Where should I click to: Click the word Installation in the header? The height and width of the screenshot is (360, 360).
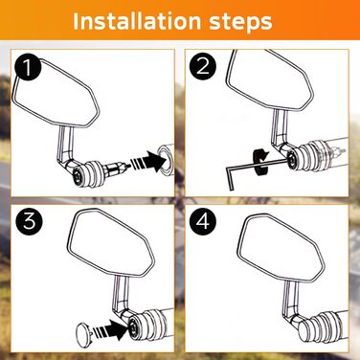pos(138,21)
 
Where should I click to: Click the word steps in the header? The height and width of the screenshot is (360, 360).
pos(240,22)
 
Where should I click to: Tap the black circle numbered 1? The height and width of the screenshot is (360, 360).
pos(28,68)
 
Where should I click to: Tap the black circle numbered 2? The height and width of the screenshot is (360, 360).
pos(203,67)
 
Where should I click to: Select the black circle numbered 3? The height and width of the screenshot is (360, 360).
pos(29,222)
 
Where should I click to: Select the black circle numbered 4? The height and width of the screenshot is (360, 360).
pos(203,222)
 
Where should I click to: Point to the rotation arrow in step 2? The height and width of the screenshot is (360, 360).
pos(260,161)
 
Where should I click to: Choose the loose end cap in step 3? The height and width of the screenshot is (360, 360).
pos(84,333)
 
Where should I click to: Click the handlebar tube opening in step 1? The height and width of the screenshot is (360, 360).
pos(166,159)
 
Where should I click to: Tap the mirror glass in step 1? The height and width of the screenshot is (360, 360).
pos(55,94)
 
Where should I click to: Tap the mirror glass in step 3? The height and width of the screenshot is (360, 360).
pos(111,244)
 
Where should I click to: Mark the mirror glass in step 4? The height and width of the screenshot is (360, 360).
pos(281,248)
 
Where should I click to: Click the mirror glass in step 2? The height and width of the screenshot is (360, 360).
pos(270,79)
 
